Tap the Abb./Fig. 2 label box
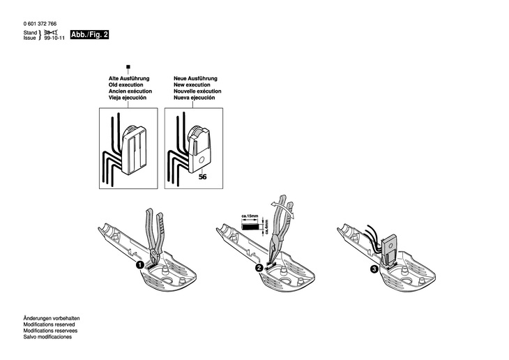click(90, 34)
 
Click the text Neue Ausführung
click(195, 79)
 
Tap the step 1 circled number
click(139, 265)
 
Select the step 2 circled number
click(259, 268)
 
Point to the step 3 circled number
click(374, 269)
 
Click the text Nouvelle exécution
click(198, 91)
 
